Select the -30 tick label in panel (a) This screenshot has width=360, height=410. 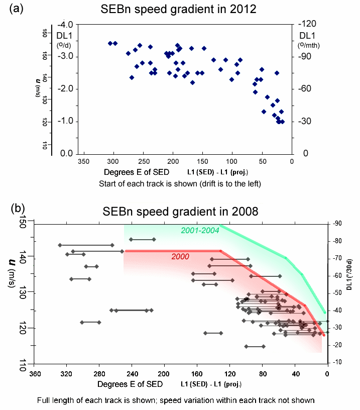(x=307, y=121)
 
